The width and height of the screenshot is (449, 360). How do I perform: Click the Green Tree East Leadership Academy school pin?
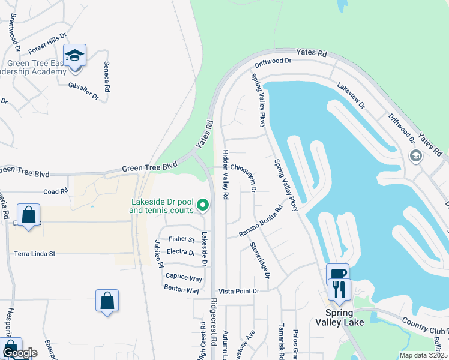[75, 56]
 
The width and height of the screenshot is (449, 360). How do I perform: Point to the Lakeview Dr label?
[351, 95]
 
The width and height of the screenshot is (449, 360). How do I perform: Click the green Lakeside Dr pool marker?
[203, 206]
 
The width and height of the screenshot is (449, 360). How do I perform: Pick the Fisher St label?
[181, 239]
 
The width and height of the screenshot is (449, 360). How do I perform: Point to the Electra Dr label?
[181, 252]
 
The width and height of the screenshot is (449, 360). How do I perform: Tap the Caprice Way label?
[184, 278]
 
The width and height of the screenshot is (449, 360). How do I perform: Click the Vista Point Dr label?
[238, 291]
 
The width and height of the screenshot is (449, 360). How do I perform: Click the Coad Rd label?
[56, 191]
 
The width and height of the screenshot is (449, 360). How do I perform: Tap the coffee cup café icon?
[337, 274]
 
